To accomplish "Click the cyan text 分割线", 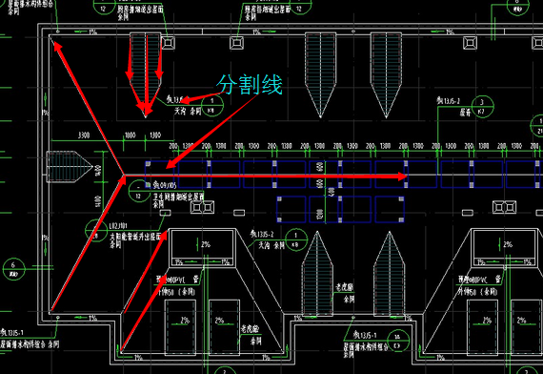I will (x=251, y=84).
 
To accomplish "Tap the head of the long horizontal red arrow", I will (x=404, y=177).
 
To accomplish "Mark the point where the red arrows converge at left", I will (x=124, y=177).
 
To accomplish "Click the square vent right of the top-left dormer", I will (x=167, y=42).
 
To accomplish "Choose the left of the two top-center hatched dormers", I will (x=320, y=67).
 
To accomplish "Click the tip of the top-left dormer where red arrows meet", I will (x=146, y=113).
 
